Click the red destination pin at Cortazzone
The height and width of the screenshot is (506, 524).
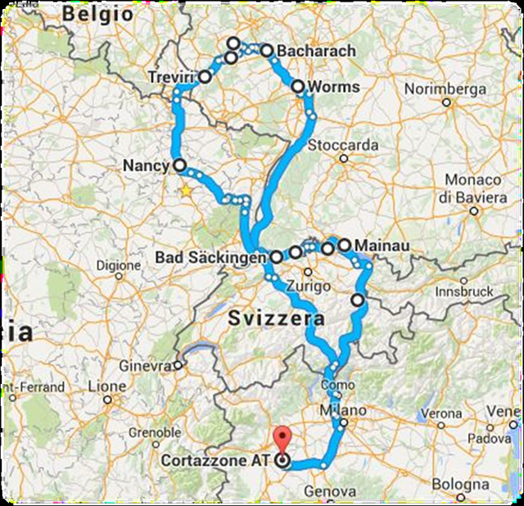click(283, 438)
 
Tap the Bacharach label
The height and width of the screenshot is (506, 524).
click(317, 51)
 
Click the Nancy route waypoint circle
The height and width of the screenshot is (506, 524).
click(179, 165)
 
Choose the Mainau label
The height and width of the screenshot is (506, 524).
click(379, 244)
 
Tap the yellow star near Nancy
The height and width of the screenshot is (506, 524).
click(186, 191)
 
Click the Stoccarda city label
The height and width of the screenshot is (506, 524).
click(343, 145)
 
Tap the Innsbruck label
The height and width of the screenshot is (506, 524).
click(464, 291)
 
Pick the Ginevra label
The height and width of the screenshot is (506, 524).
click(147, 365)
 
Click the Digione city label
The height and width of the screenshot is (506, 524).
click(119, 264)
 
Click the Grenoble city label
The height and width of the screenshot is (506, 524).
click(155, 431)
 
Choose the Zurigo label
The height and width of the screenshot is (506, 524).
click(315, 287)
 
